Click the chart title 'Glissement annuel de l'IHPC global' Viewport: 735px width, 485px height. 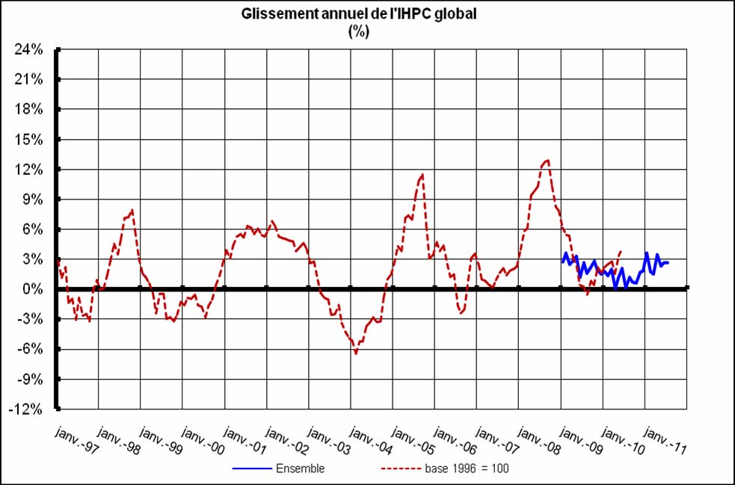click(x=358, y=16)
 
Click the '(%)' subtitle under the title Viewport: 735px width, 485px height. click(x=359, y=31)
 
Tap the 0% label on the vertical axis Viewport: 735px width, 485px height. click(x=34, y=289)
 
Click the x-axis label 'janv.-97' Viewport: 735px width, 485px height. click(x=77, y=441)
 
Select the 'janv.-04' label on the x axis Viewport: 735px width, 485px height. click(x=370, y=441)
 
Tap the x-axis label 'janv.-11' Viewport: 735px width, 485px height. click(x=663, y=441)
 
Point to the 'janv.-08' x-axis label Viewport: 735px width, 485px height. click(x=538, y=441)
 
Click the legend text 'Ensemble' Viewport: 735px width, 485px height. click(x=300, y=469)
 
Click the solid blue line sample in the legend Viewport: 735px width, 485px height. click(x=251, y=469)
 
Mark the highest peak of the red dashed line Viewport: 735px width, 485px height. click(x=548, y=160)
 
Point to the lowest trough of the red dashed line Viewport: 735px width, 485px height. click(x=356, y=353)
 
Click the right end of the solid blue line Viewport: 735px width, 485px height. click(x=668, y=262)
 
